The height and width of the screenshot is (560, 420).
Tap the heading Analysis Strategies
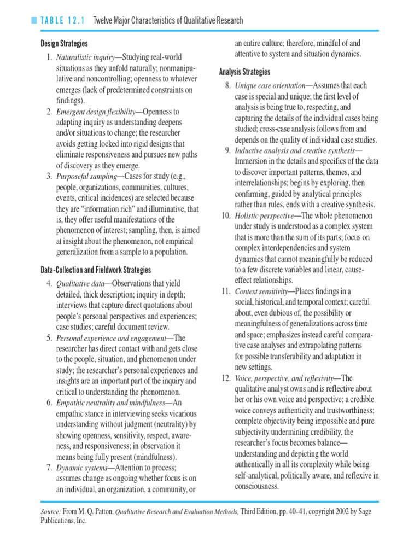(x=244, y=72)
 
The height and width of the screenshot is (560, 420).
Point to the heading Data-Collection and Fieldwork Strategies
(x=96, y=270)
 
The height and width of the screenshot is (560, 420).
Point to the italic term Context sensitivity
(x=260, y=291)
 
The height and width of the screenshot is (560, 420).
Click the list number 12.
(x=226, y=378)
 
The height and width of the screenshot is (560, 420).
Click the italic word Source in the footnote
(x=51, y=511)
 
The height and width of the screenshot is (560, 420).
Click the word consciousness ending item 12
(x=256, y=486)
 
